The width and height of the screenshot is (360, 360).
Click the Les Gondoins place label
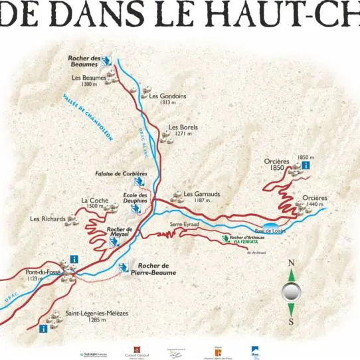167,96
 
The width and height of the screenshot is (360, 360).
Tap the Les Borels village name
183,127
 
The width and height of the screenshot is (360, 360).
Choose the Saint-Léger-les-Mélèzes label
97,313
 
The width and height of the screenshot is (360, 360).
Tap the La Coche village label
94,200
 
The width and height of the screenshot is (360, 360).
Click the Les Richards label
48,219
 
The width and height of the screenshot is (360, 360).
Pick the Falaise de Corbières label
121,173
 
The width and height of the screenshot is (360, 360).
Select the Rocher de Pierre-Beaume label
153,269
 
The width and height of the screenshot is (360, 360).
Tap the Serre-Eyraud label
184,225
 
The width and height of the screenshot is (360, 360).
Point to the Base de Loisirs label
270,230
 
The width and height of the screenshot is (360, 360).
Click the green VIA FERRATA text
245,242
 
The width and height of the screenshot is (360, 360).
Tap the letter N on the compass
291,262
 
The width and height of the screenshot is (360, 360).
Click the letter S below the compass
291,322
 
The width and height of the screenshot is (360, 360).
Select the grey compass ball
291,291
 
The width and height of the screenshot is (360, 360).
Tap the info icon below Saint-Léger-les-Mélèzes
44,328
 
